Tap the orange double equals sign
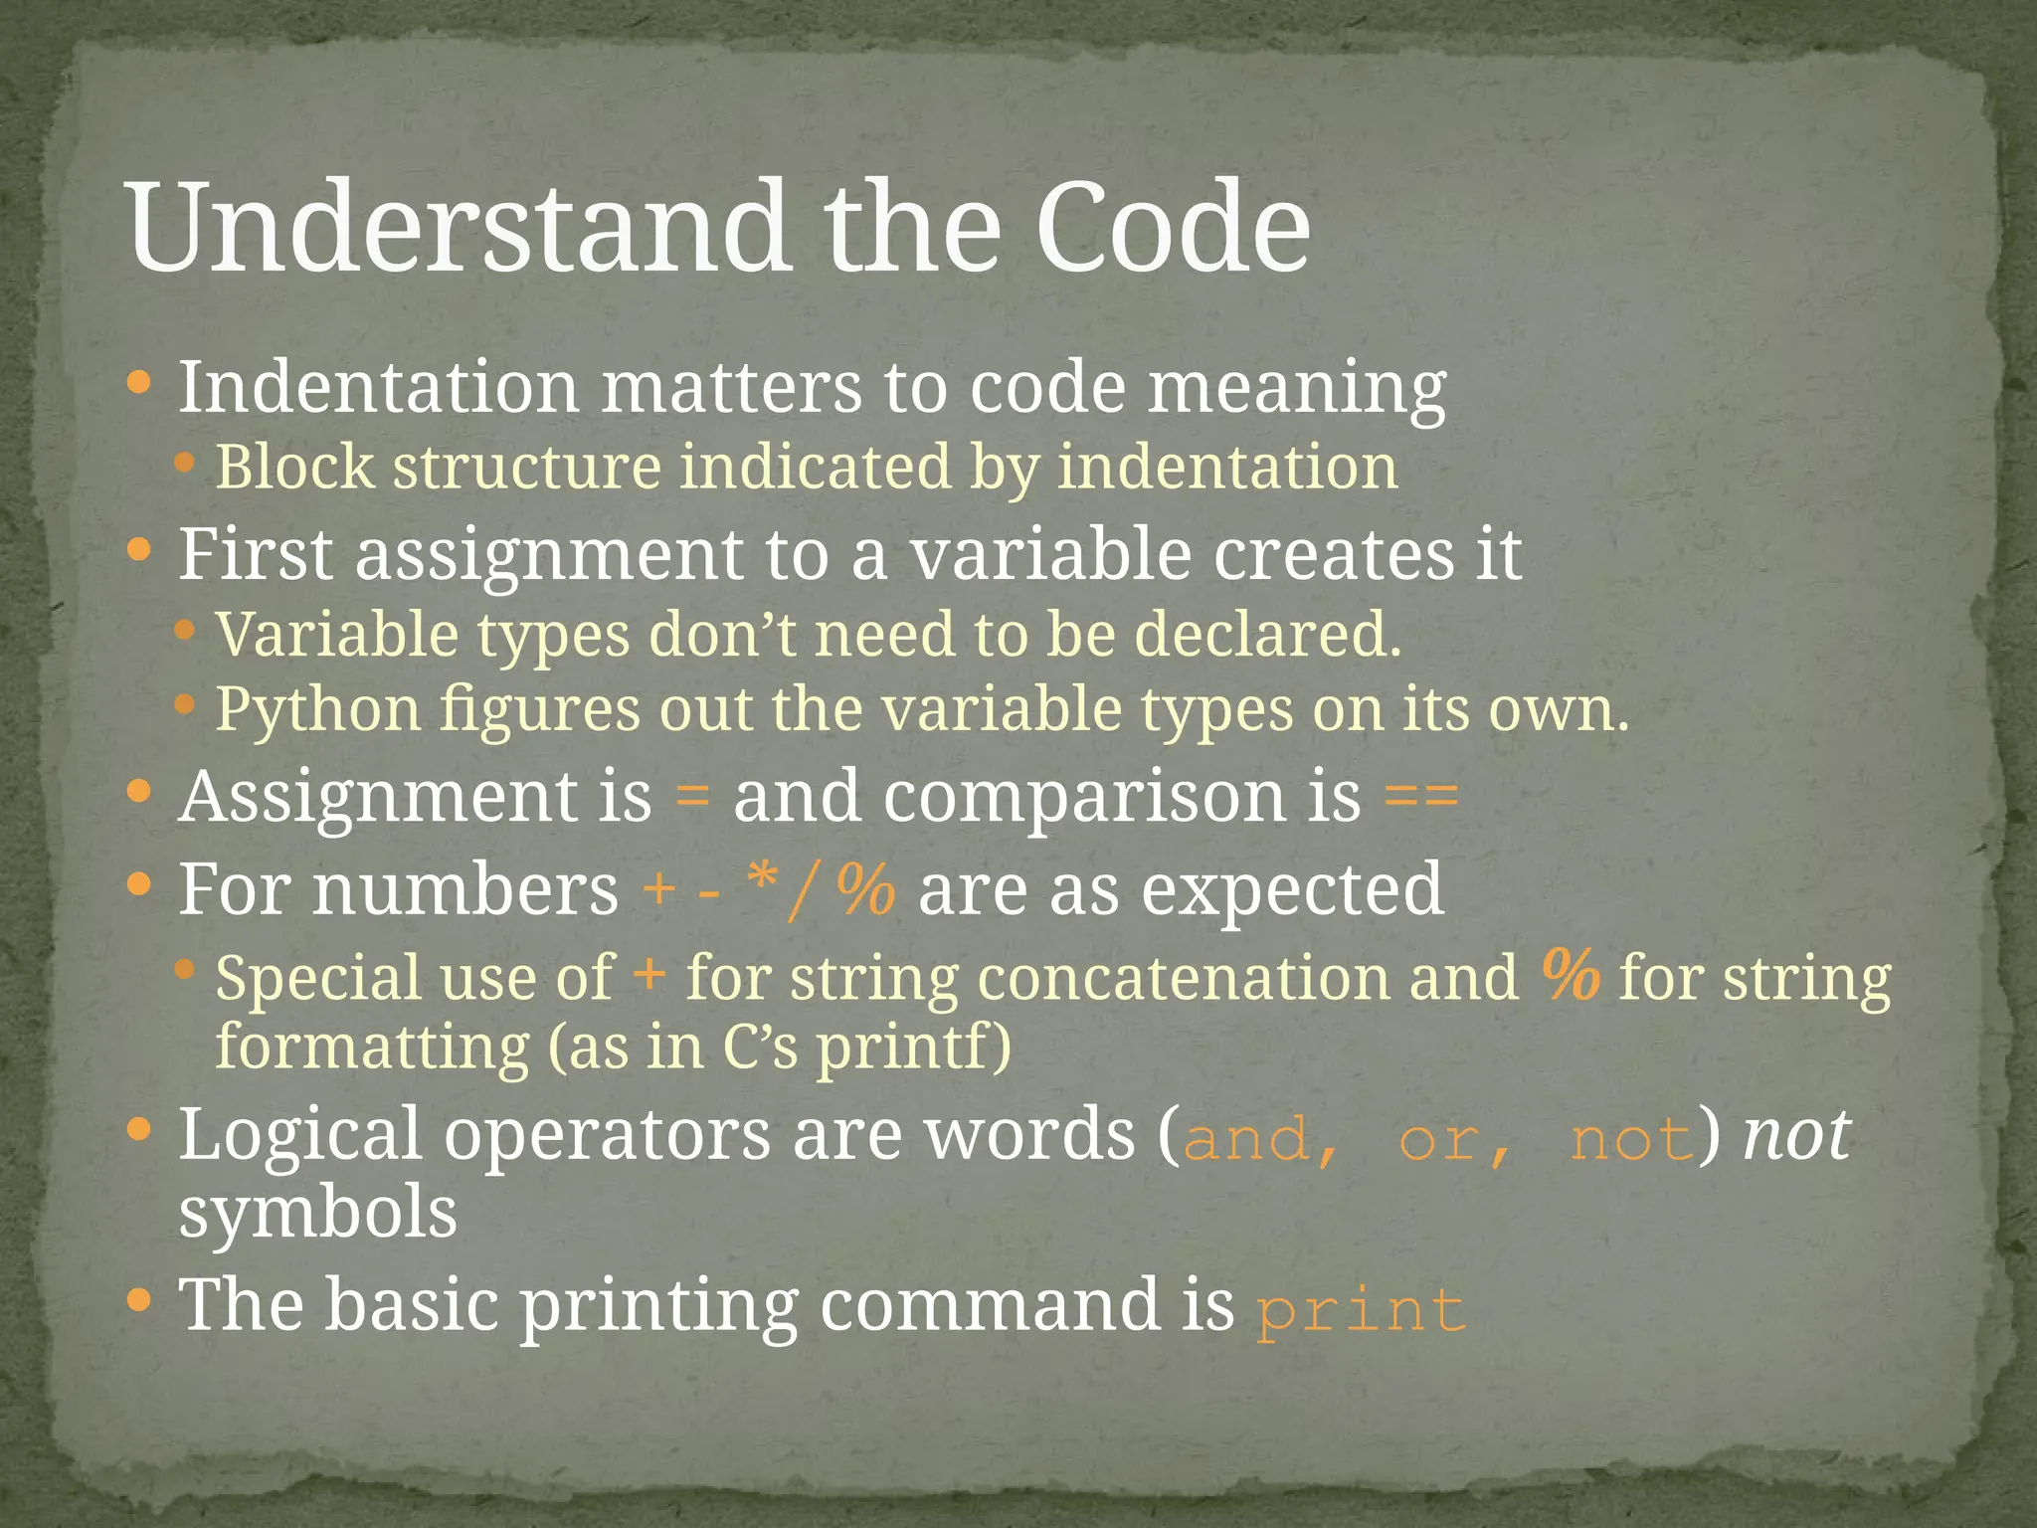pos(1421,796)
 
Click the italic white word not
pos(1796,1134)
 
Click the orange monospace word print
pos(1361,1310)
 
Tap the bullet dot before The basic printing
pos(140,1300)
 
